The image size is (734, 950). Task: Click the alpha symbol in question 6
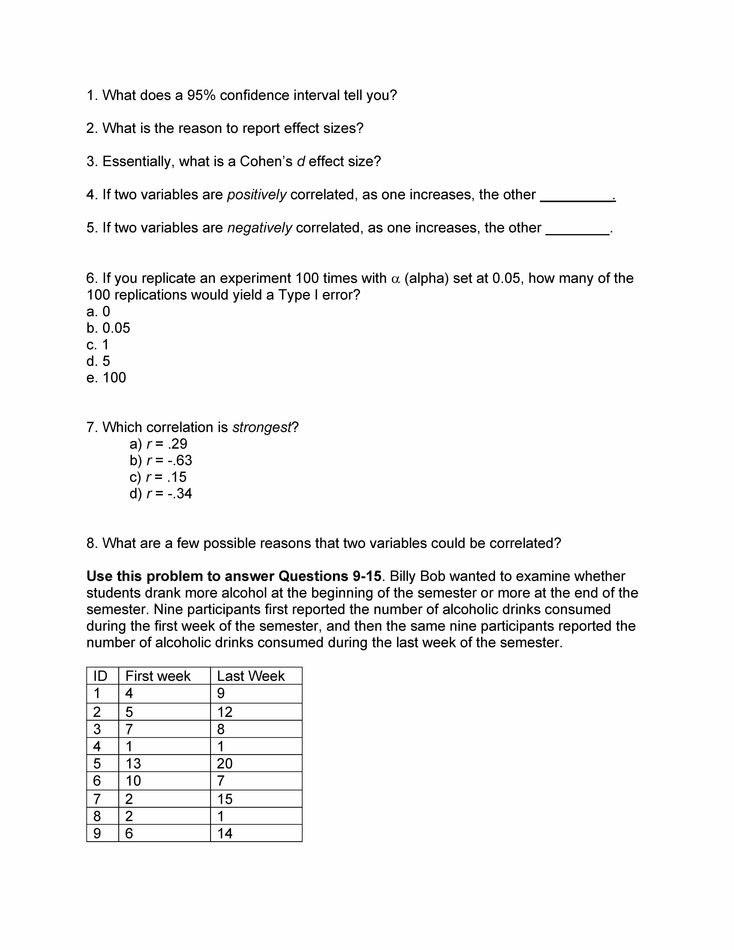[395, 279]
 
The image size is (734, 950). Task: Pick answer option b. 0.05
[108, 328]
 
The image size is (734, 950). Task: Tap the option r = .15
[158, 477]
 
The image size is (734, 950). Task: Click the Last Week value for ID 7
[225, 799]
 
